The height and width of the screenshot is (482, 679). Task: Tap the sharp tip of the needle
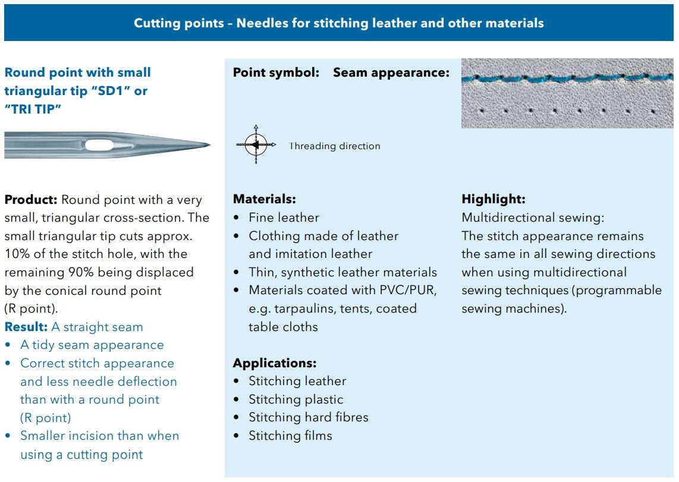(209, 144)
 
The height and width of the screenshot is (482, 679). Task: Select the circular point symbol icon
(256, 145)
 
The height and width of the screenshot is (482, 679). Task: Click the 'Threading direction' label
(335, 146)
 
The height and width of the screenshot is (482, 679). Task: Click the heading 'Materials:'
(264, 199)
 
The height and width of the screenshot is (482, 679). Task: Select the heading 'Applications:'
(275, 363)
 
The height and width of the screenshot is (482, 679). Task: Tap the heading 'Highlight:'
(493, 199)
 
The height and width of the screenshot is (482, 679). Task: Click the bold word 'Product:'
(31, 200)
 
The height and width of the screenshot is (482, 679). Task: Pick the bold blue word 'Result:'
(26, 327)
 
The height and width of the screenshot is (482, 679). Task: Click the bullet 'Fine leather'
(284, 218)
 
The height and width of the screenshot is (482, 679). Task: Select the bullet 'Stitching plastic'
(296, 399)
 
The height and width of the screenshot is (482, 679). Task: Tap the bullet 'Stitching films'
(290, 436)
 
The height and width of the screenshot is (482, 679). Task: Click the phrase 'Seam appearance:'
(391, 73)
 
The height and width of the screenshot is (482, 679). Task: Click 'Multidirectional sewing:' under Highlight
(533, 218)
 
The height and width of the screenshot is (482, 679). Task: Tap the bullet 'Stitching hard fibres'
(308, 417)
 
